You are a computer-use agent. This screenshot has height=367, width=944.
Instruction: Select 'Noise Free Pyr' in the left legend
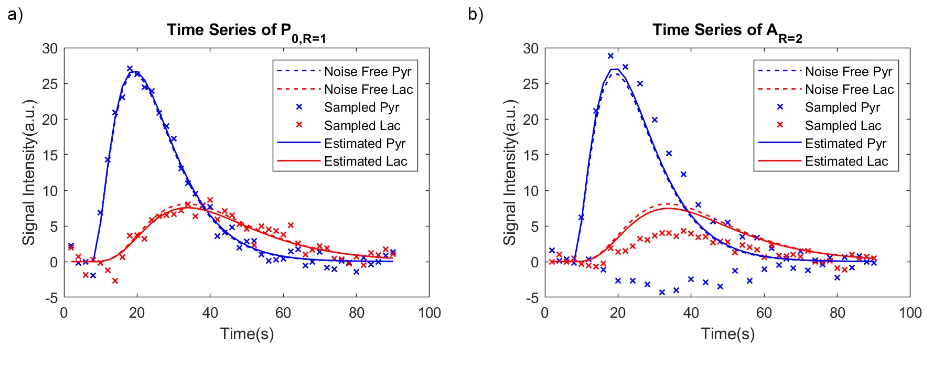[x=367, y=71]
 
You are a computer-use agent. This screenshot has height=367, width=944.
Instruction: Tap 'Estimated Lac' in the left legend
[x=365, y=161]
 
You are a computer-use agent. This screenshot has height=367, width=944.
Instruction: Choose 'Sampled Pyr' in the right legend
[x=842, y=107]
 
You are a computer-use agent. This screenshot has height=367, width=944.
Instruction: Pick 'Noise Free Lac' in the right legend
[x=849, y=90]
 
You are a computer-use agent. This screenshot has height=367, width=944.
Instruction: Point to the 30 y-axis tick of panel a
[x=50, y=49]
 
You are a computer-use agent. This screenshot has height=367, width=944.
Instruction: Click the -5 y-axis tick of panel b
[x=531, y=298]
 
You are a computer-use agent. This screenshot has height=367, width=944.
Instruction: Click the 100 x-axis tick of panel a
[x=429, y=314]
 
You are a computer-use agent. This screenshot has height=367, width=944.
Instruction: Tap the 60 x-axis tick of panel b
[x=764, y=314]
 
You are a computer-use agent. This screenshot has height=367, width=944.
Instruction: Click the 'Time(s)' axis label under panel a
[x=246, y=334]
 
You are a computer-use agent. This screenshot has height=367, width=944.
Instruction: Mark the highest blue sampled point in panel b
[x=610, y=56]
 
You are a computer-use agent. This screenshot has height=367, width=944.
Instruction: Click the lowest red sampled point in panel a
[x=115, y=281]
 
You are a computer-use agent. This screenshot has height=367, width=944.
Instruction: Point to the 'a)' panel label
[x=15, y=15]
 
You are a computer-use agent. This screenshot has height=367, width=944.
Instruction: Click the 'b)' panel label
[x=476, y=15]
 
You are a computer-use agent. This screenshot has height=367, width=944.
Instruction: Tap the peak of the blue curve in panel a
[x=135, y=72]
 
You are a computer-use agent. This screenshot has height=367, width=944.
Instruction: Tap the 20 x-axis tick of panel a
[x=137, y=314]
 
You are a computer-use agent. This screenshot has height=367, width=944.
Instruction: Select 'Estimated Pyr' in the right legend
[x=845, y=143]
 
